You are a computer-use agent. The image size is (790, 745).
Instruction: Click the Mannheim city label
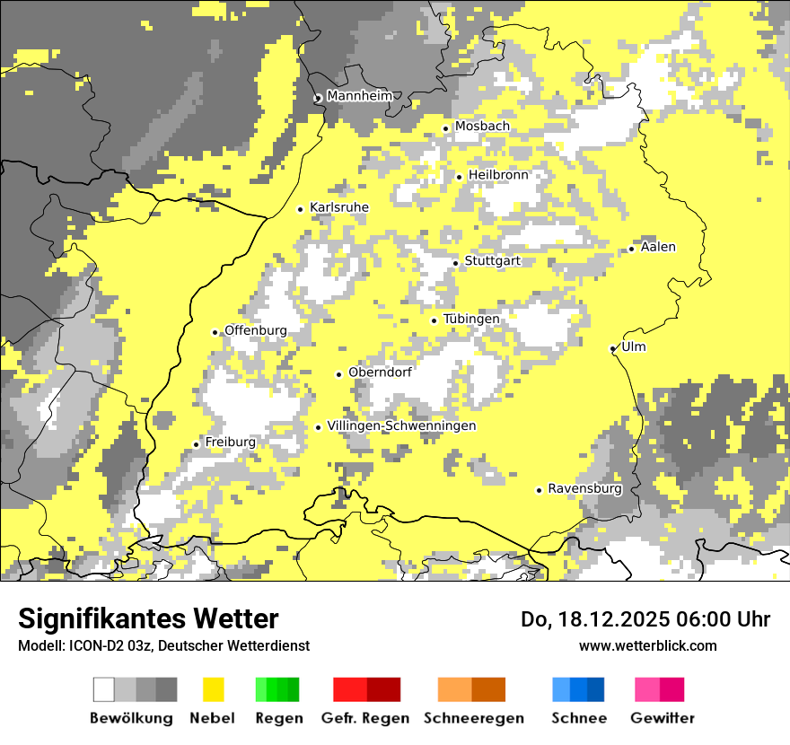click(359, 96)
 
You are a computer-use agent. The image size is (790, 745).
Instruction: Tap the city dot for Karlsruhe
click(301, 209)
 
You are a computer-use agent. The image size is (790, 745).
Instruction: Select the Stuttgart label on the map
click(492, 261)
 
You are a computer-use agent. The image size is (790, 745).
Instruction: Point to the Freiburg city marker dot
click(197, 444)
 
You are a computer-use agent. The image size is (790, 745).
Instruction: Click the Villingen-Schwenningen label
click(401, 425)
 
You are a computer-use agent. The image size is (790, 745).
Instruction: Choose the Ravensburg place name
click(584, 489)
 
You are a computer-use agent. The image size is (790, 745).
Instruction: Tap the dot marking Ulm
click(613, 348)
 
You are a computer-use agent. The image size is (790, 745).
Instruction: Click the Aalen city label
click(658, 247)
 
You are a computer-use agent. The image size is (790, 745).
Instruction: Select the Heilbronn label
click(498, 175)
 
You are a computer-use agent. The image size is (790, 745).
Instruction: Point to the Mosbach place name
click(481, 127)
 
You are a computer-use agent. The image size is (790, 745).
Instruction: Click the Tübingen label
click(471, 319)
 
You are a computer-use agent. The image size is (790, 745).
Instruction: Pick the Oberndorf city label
click(380, 372)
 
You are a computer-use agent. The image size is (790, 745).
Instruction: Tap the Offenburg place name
click(256, 330)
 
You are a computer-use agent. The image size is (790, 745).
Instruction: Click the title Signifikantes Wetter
click(148, 619)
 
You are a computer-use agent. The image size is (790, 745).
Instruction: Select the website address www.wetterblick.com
click(647, 645)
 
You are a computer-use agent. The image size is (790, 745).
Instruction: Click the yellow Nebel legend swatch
click(214, 689)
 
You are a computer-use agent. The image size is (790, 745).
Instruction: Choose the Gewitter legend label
click(662, 718)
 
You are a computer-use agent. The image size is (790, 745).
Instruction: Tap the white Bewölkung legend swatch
click(104, 689)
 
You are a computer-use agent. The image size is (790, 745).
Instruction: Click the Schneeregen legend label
click(474, 718)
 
